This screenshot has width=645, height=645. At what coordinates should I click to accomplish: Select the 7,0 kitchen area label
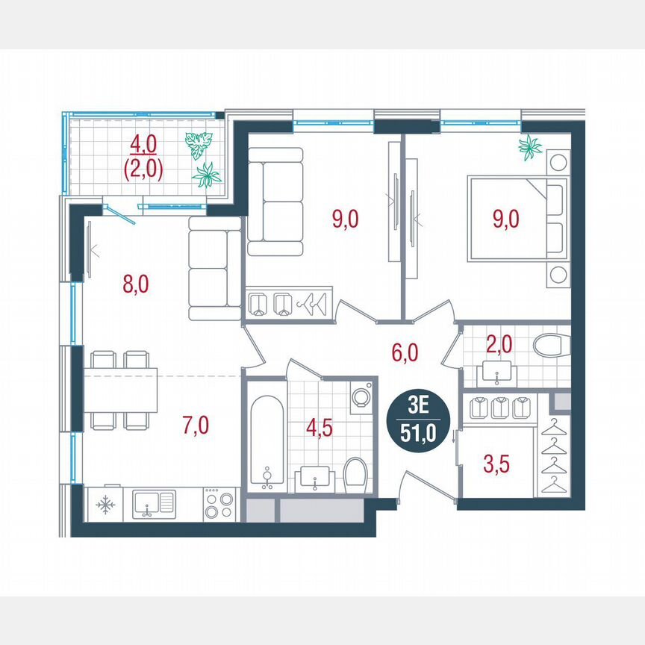coord(196,426)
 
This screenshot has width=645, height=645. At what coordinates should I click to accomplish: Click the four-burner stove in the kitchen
coord(219,505)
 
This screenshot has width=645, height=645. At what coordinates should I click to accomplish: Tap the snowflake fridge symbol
coord(106,505)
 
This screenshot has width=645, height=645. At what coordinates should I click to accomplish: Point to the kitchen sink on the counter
coord(153,505)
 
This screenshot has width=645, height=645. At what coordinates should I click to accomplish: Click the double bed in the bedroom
coord(515,219)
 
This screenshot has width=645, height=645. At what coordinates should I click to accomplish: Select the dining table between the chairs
coord(121,389)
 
